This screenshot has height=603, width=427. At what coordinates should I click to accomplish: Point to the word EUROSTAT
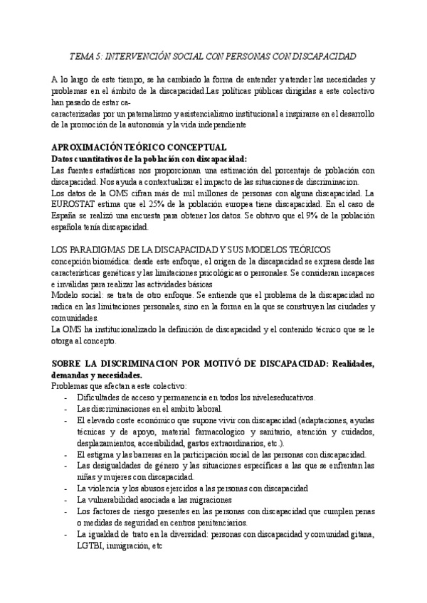click(x=75, y=205)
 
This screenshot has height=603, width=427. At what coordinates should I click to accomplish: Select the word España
click(x=68, y=216)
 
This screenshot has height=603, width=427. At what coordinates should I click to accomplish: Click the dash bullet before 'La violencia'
click(x=66, y=489)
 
